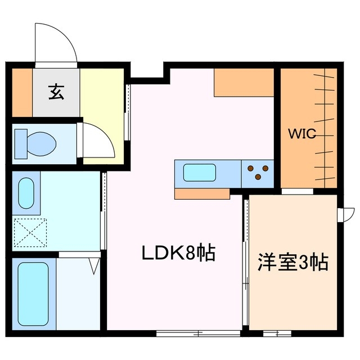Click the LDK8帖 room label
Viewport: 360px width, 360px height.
[x=178, y=254]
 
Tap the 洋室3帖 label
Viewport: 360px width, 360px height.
[x=292, y=263]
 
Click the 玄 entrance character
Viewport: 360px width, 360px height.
[x=56, y=91]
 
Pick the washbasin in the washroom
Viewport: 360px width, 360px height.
[x=26, y=193]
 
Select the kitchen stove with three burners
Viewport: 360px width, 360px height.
[x=258, y=172]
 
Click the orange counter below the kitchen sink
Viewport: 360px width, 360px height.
[x=202, y=194]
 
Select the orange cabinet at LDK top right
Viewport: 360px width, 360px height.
[x=244, y=83]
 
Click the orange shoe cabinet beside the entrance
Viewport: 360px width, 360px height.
[x=22, y=91]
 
